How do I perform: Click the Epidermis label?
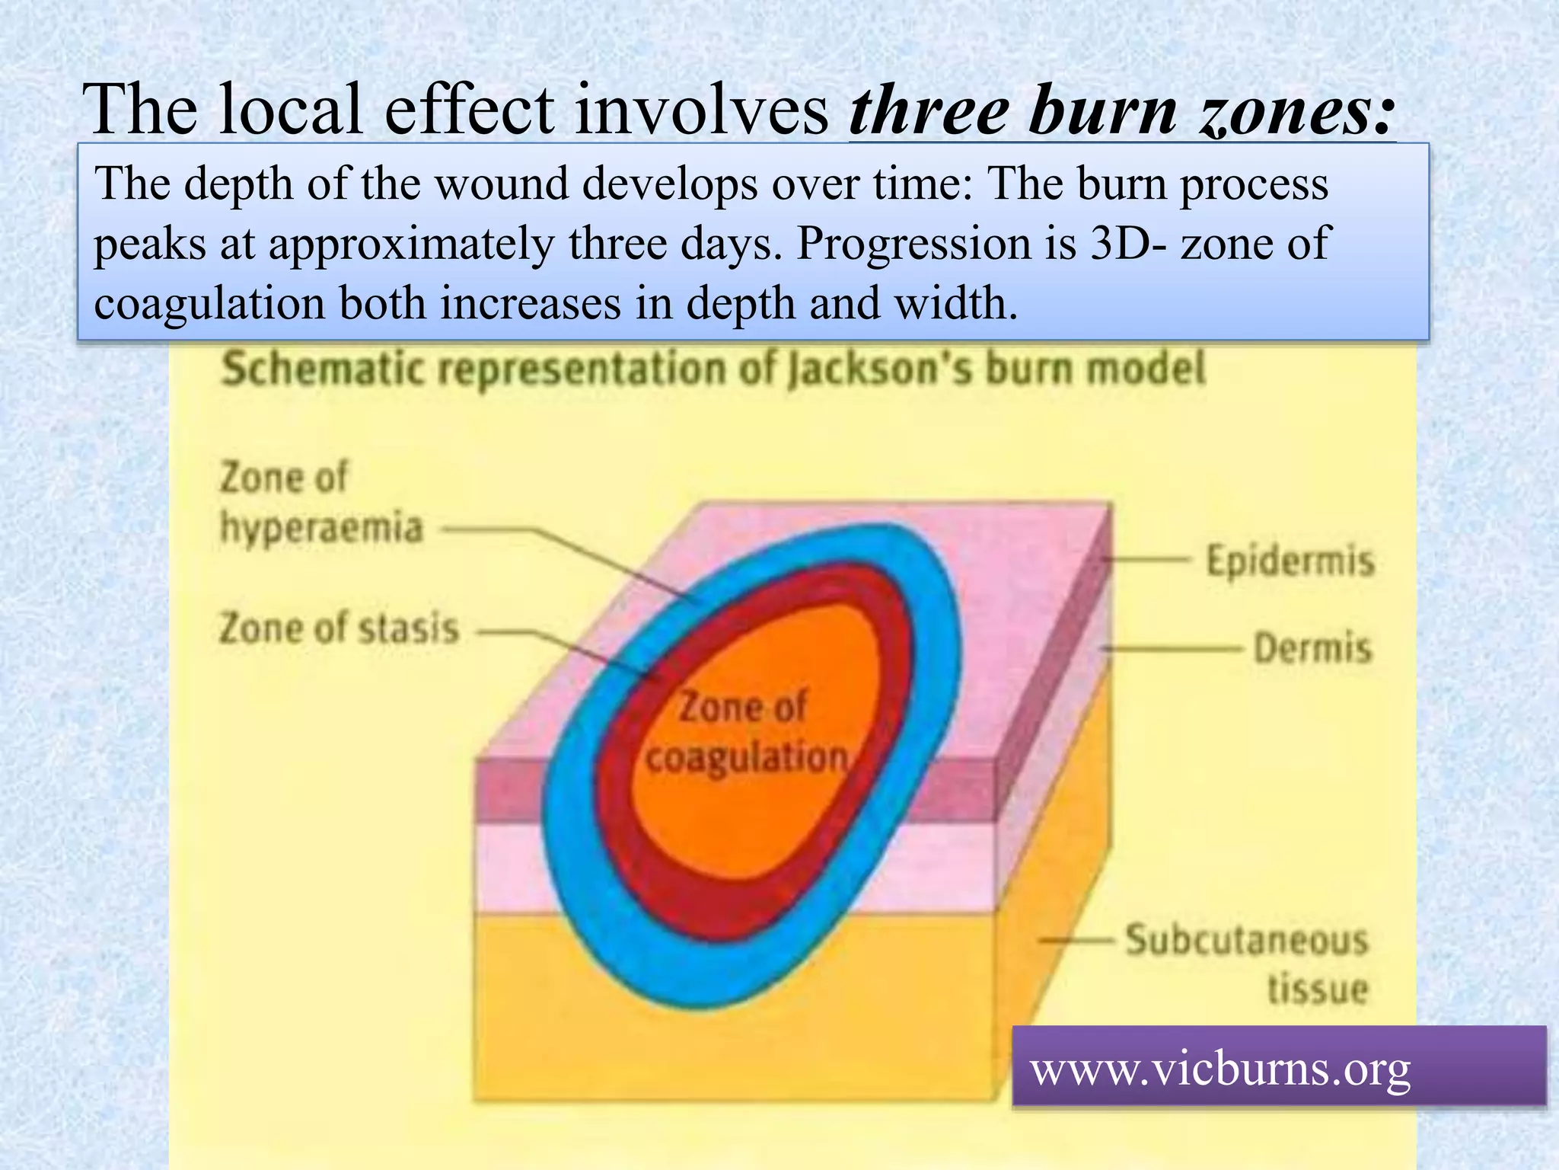tap(1290, 562)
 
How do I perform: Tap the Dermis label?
tap(1312, 649)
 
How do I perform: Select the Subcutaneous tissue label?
tap(1247, 964)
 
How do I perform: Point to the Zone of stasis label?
tap(339, 630)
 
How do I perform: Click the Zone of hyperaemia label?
tap(320, 503)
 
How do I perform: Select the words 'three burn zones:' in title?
tap(1122, 111)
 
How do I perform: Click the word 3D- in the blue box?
tap(1127, 244)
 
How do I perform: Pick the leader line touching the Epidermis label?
tap(1146, 560)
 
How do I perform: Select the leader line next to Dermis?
tap(1172, 649)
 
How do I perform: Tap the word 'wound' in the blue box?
tap(502, 184)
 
